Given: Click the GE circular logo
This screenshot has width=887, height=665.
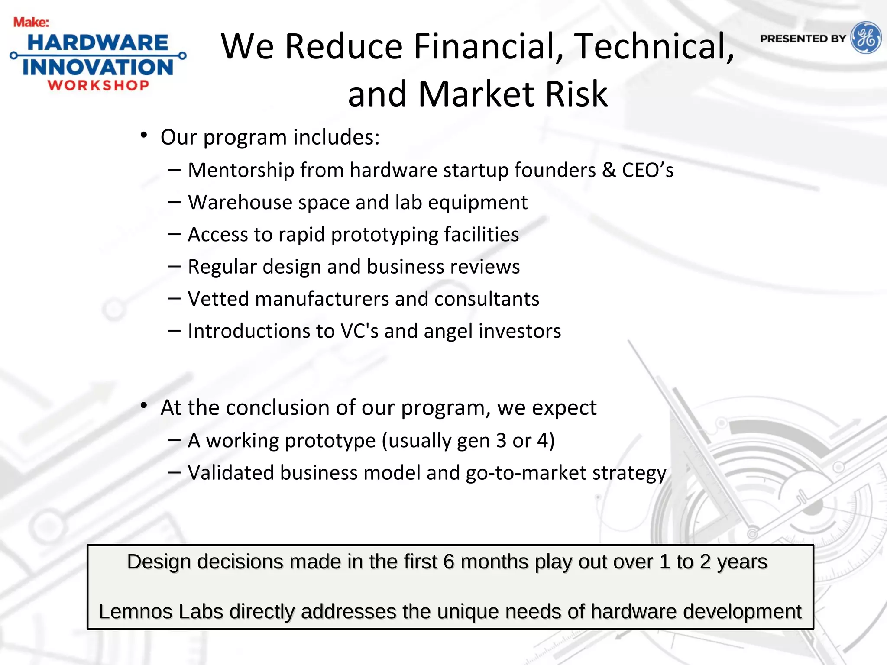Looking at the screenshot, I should point(865,38).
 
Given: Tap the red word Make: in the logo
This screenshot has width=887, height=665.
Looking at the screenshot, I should point(31,22).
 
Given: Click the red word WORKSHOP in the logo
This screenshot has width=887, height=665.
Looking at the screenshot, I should point(99,85).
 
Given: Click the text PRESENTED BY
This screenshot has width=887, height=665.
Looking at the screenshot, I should point(803,39).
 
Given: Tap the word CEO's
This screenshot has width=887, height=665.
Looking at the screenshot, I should point(647,170).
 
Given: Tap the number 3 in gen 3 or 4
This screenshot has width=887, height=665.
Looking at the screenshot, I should point(501,441).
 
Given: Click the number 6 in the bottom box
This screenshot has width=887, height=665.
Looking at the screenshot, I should point(449,562).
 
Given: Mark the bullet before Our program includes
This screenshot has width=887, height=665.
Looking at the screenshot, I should point(144,136).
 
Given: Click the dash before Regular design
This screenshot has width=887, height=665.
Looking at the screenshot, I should point(174,266).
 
